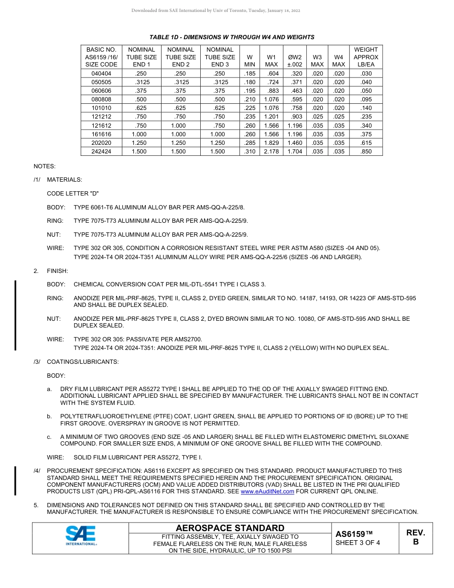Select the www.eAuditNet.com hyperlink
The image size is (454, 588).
coord(267,491)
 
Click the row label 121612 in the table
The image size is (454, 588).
coord(101,126)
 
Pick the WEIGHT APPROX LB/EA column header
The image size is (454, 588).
coord(366,57)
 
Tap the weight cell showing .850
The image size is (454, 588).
coord(366,152)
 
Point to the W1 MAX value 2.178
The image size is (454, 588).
coord(271,152)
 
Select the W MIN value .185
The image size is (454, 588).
coord(249,74)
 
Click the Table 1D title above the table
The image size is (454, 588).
coord(232,37)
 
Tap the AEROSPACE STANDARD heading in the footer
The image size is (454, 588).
coord(230,528)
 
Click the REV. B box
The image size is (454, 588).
coord(415,537)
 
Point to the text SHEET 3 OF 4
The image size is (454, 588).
coord(357,543)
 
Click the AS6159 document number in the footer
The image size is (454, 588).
coord(354,534)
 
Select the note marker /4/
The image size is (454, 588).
coord(37,471)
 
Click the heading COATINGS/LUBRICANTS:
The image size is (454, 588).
coord(83,362)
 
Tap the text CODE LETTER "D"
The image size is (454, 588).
coord(73,194)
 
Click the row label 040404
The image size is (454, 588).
coord(101,74)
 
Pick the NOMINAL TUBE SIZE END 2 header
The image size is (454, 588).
coord(181,57)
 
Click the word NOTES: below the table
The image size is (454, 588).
coord(44,166)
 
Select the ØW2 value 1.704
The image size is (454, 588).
coord(294,152)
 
